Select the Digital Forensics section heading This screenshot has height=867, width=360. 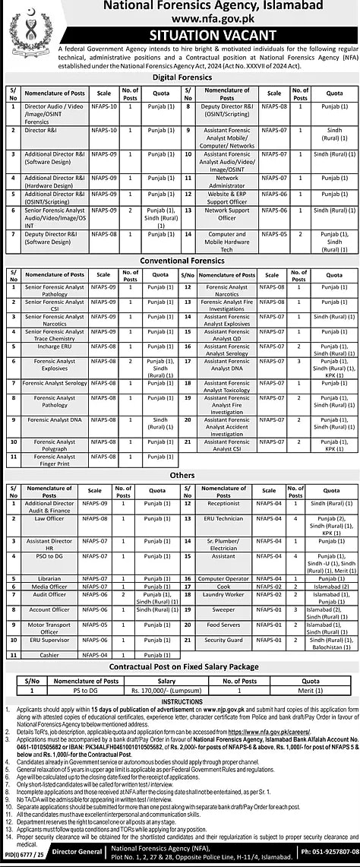click(x=180, y=78)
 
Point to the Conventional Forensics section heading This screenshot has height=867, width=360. click(x=180, y=261)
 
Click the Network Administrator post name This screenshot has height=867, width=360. click(x=226, y=181)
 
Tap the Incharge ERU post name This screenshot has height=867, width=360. click(x=54, y=346)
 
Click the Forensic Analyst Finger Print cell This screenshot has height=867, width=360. click(x=54, y=459)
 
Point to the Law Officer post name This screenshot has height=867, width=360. click(x=49, y=518)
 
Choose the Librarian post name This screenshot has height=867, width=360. click(x=49, y=578)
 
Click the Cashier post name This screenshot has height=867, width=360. click(x=49, y=654)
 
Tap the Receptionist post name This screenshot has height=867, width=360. click(x=223, y=503)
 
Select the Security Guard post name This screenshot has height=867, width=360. click(x=223, y=640)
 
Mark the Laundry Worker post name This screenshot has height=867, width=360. click(x=223, y=594)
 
